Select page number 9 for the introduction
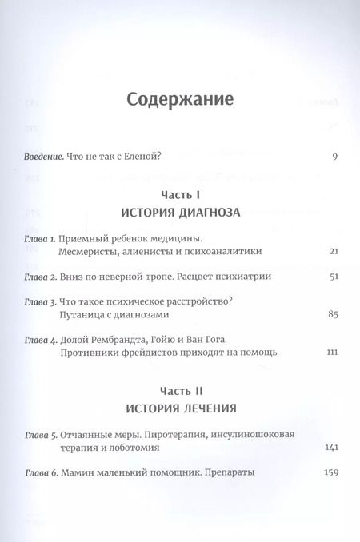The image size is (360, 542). [x=334, y=156]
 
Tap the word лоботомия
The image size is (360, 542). [x=133, y=449]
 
